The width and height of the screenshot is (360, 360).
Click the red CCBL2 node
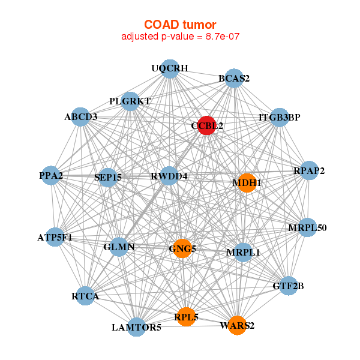pyautogui.click(x=206, y=125)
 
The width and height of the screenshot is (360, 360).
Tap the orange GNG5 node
pyautogui.click(x=183, y=248)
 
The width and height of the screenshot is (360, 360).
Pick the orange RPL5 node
pyautogui.click(x=187, y=316)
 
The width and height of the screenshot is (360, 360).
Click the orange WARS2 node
pyautogui.click(x=237, y=325)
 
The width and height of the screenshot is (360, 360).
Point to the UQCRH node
pyautogui.click(x=170, y=69)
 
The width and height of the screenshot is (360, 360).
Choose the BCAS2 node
pyautogui.click(x=234, y=79)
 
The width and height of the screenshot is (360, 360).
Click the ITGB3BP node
pyautogui.click(x=279, y=117)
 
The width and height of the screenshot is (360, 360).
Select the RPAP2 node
pyautogui.click(x=309, y=171)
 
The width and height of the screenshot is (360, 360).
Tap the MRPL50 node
pyautogui.click(x=308, y=227)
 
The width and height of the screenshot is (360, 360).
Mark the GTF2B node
pyautogui.click(x=288, y=285)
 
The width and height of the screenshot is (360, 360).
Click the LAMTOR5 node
pyautogui.click(x=137, y=327)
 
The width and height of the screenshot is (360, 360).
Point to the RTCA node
pyautogui.click(x=85, y=296)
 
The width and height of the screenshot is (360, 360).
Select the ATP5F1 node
pyautogui.click(x=55, y=238)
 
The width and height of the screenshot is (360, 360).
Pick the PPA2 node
pyautogui.click(x=52, y=176)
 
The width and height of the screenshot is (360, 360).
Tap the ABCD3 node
pyautogui.click(x=82, y=117)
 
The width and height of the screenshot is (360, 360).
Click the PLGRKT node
pyautogui.click(x=130, y=101)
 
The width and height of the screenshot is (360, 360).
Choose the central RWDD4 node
pyautogui.click(x=169, y=176)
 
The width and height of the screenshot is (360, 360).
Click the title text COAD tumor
pyautogui.click(x=181, y=24)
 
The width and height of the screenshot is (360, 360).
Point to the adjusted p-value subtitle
pyautogui.click(x=181, y=37)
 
